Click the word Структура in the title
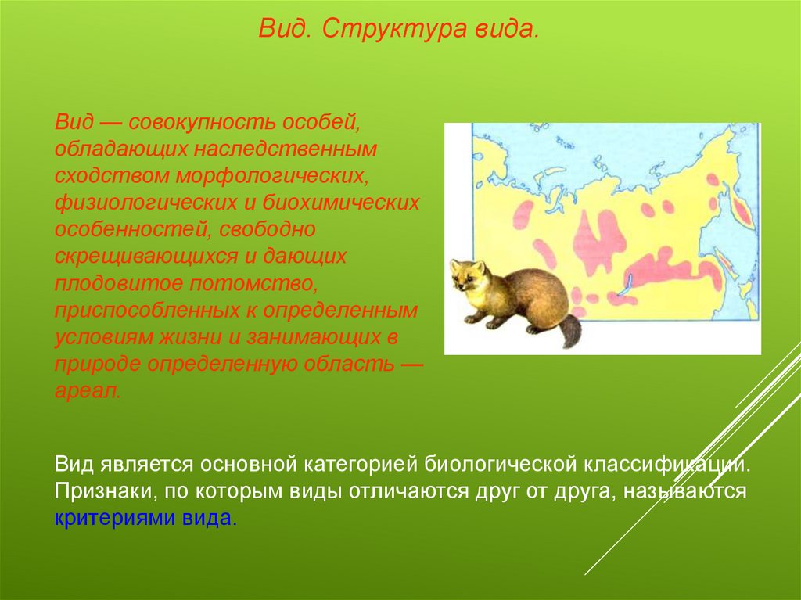coord(394,30)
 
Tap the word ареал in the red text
coord(88,391)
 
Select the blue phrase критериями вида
coord(145,519)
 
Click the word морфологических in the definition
coord(272,175)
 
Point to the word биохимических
coord(341,203)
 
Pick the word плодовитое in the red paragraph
coord(119,282)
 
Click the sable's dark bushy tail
coord(570,332)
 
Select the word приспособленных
coord(147,311)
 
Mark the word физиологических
coord(145,203)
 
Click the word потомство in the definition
coord(253,282)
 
